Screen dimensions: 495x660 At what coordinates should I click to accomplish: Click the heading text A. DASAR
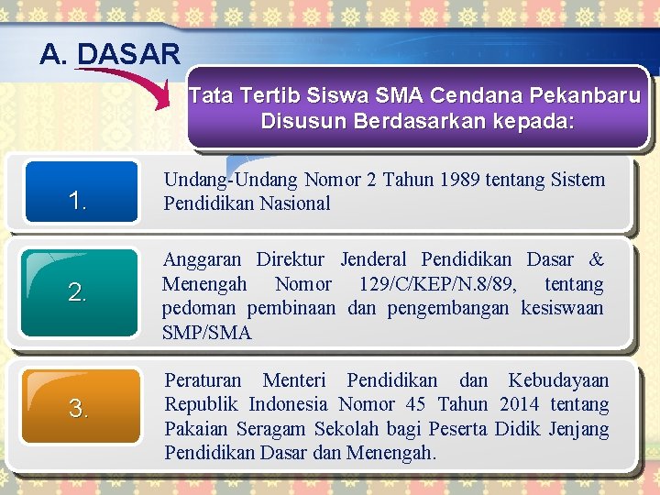(110, 54)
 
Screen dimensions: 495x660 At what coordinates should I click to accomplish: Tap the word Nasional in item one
(291, 203)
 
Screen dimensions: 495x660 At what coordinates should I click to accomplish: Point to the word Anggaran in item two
(202, 260)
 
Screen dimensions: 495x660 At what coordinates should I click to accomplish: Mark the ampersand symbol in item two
(596, 260)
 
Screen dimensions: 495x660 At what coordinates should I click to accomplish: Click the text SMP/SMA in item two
(206, 332)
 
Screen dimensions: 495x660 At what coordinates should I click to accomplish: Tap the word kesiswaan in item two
(562, 308)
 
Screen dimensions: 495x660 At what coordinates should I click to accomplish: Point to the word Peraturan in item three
(203, 380)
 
